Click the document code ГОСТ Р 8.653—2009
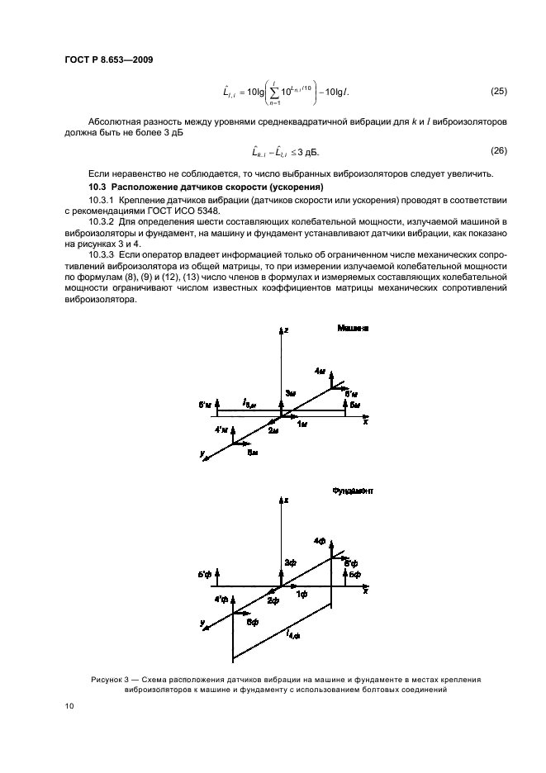(x=107, y=59)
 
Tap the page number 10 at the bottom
(x=69, y=706)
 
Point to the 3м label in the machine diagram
(x=290, y=393)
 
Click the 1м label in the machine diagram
(x=302, y=423)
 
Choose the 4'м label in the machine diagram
(x=221, y=430)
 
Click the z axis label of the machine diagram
(x=285, y=330)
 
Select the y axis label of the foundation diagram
(x=202, y=622)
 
